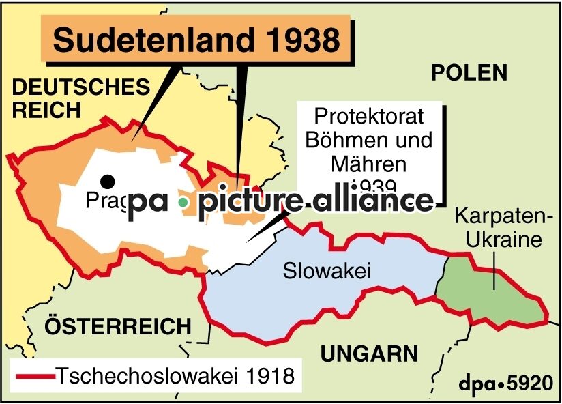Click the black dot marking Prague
[107, 181]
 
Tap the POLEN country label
[469, 73]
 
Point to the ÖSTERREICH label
[118, 326]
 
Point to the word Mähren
[368, 164]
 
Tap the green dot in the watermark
[182, 202]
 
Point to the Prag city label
[102, 201]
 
